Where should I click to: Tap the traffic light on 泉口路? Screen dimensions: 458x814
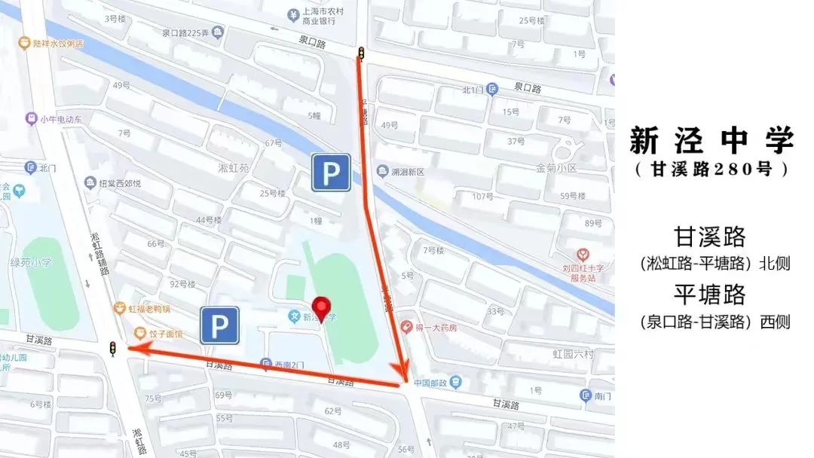click(361, 53)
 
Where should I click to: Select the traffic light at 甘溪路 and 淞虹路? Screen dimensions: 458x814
click(113, 349)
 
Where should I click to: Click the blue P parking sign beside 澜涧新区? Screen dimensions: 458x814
click(332, 173)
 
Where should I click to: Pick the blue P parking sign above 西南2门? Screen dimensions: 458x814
click(219, 325)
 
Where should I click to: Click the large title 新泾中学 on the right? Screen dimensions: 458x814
click(712, 140)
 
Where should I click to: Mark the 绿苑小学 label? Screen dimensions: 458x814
click(30, 264)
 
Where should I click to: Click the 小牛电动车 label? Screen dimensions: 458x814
click(61, 119)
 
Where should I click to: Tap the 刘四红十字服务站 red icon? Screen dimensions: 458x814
click(582, 255)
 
